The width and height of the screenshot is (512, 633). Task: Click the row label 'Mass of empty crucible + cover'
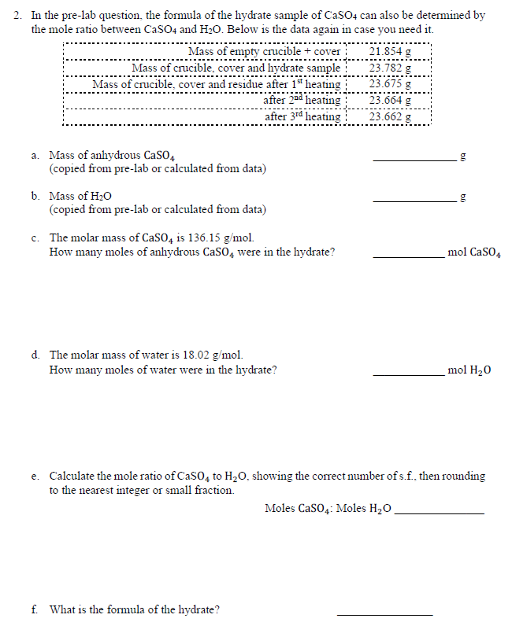pos(264,52)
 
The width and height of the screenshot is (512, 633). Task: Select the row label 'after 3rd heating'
pos(302,116)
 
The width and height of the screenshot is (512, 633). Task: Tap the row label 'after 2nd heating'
pos(302,101)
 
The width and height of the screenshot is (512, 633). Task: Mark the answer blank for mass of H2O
pos(414,200)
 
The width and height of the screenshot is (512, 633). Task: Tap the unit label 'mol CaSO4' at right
pos(474,253)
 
